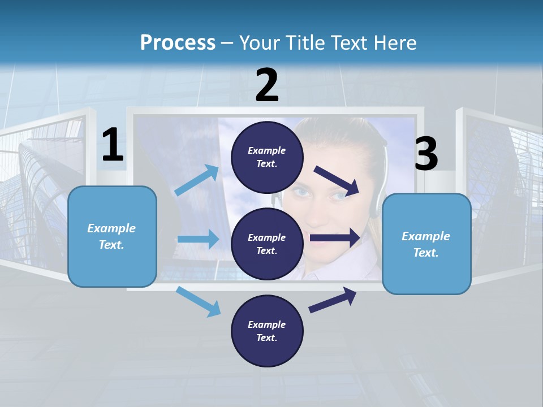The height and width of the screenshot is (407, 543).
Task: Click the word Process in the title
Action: point(178,43)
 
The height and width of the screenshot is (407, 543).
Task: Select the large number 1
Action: point(113,145)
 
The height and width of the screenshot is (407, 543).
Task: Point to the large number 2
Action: point(267,85)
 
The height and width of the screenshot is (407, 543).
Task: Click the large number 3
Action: point(426,154)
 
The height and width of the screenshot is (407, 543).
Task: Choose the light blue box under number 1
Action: point(112,236)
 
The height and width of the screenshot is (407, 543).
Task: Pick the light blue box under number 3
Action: point(426,244)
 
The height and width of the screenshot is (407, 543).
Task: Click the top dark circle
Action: point(267,157)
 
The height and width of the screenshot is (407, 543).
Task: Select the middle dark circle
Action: point(267,244)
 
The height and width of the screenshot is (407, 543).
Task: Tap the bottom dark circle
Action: point(267,331)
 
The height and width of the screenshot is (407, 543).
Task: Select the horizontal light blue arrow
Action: point(198,239)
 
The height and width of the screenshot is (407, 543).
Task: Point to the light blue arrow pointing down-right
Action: point(199,301)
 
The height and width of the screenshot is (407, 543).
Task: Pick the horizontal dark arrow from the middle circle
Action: point(335,237)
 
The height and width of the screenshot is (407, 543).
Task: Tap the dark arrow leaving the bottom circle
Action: point(333,300)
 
